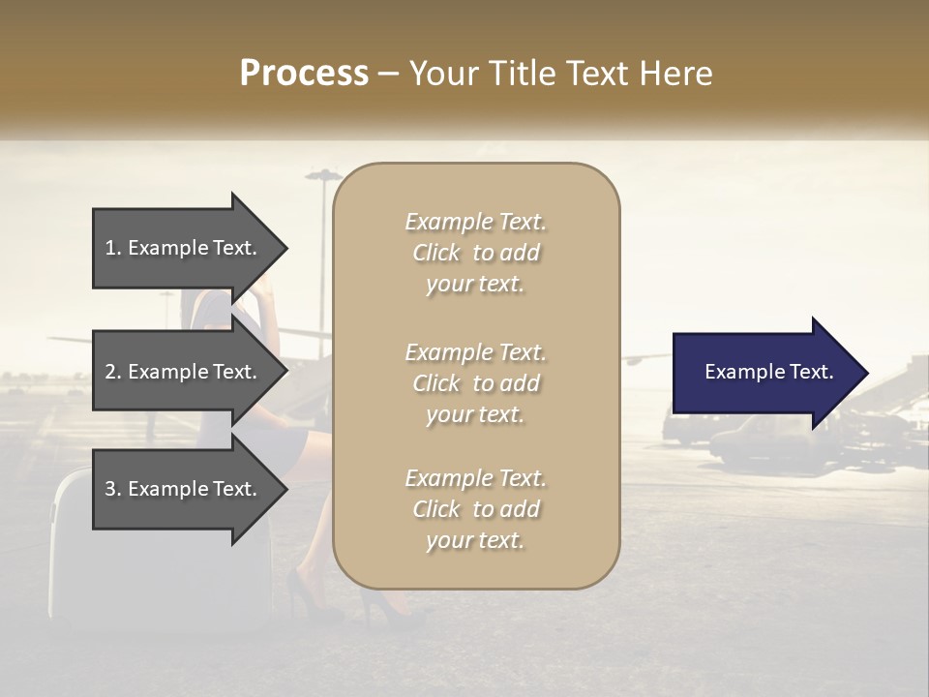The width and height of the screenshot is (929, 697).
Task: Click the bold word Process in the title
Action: click(304, 73)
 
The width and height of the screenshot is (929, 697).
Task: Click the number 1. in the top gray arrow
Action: click(113, 248)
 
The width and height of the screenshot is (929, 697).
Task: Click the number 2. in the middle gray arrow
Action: click(113, 372)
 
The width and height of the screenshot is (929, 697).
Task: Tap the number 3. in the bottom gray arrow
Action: click(113, 489)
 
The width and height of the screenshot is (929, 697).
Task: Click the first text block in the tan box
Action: click(475, 253)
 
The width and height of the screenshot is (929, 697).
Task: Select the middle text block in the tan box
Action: click(475, 382)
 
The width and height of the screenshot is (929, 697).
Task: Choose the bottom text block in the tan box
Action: click(475, 509)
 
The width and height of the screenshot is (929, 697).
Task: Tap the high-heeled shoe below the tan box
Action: click(387, 605)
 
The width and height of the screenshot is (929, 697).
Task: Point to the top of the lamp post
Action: click(323, 175)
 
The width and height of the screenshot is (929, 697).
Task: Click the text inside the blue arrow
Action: click(768, 372)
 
